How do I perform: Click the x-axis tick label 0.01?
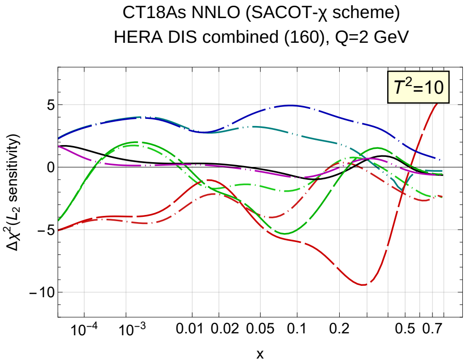192,329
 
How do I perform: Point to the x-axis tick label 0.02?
219,329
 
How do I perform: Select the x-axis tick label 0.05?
260,329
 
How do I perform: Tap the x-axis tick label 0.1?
297,329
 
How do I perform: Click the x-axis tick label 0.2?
339,329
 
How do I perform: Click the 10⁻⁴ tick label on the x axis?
84,328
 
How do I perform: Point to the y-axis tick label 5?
49,105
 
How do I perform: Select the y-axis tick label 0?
49,167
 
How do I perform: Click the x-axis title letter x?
260,353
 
